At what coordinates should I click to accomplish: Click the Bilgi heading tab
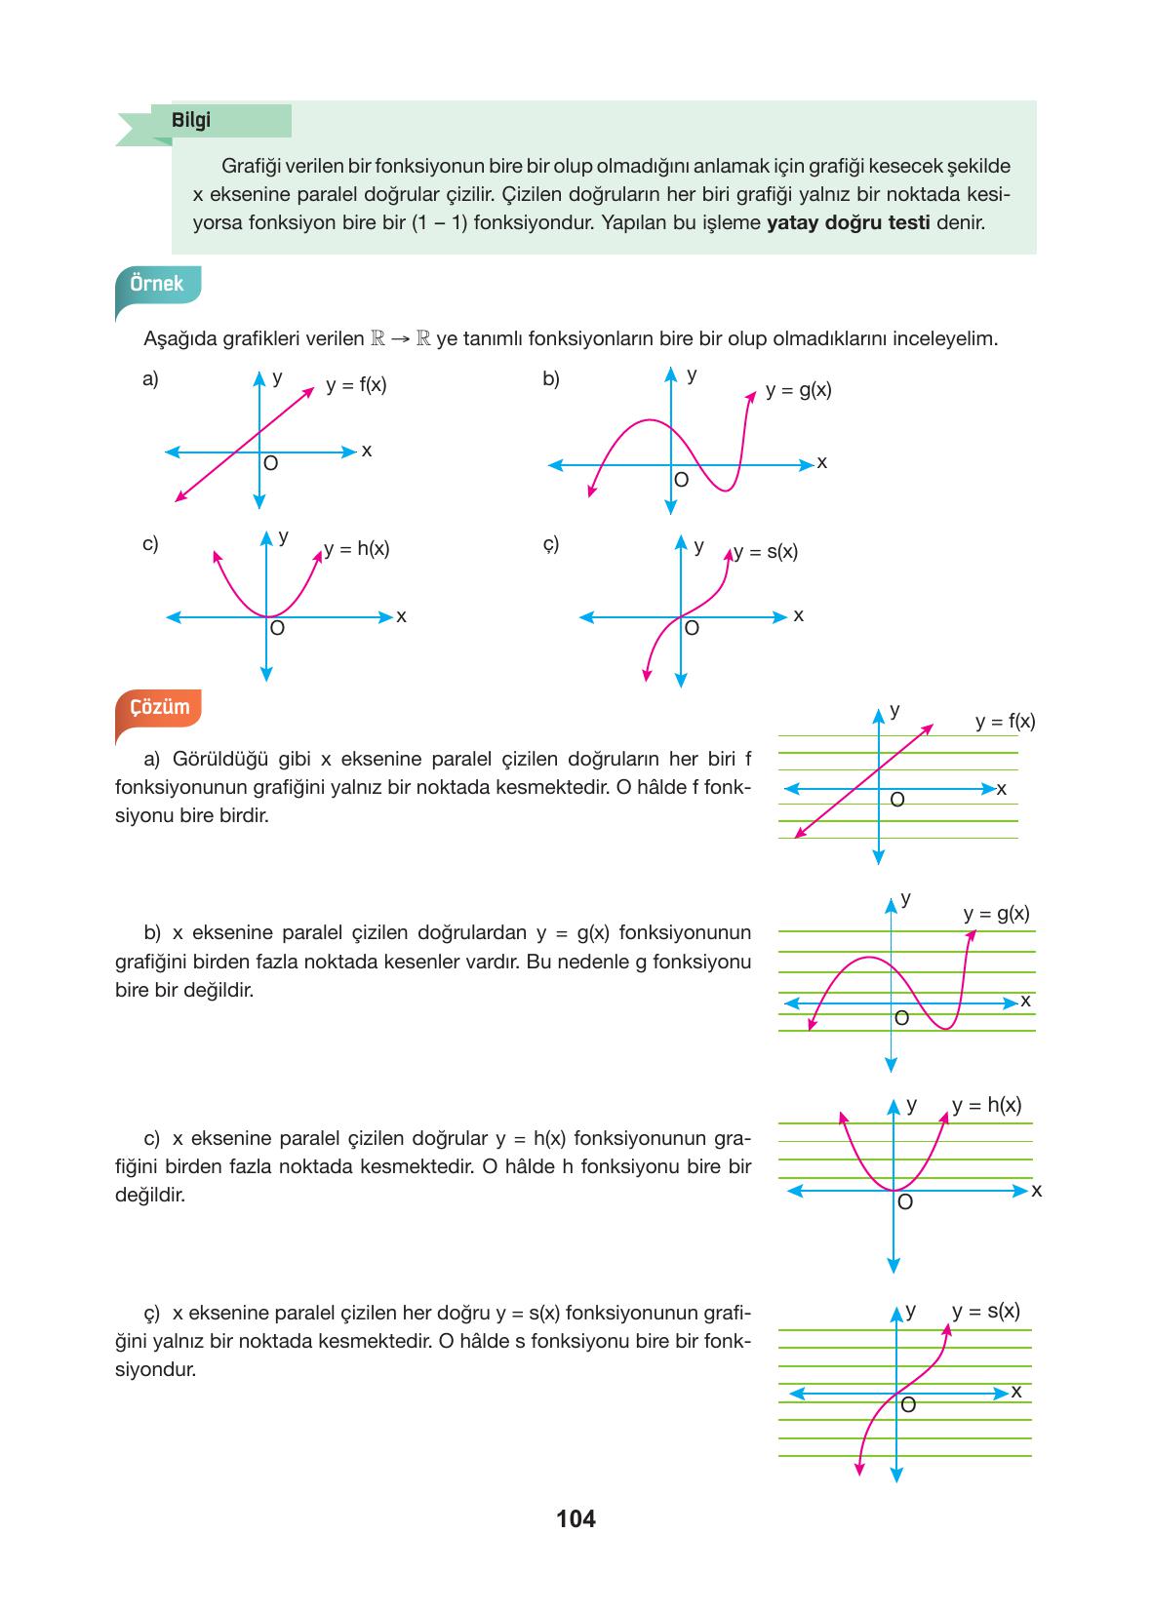191,121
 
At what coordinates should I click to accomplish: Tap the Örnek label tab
157,284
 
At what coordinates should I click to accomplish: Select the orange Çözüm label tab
160,707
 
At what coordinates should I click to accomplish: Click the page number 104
576,1518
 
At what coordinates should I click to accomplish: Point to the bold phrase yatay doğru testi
848,222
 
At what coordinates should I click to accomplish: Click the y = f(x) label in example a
356,385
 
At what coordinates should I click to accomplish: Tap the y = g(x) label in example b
798,391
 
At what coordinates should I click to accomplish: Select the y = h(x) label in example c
357,549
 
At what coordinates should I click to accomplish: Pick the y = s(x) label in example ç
766,552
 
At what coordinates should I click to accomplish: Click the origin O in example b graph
681,480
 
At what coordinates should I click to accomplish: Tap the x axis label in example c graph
401,616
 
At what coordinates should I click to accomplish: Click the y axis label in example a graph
277,377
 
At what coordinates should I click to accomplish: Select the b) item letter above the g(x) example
551,379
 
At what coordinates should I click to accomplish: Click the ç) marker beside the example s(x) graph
551,544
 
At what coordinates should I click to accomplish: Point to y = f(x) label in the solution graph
1005,722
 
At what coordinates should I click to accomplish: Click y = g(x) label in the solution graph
996,914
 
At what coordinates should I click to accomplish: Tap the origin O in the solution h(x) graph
904,1202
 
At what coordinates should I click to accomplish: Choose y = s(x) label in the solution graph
986,1311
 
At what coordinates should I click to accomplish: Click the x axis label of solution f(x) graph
1002,787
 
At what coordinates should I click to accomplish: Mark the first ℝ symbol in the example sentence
378,339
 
